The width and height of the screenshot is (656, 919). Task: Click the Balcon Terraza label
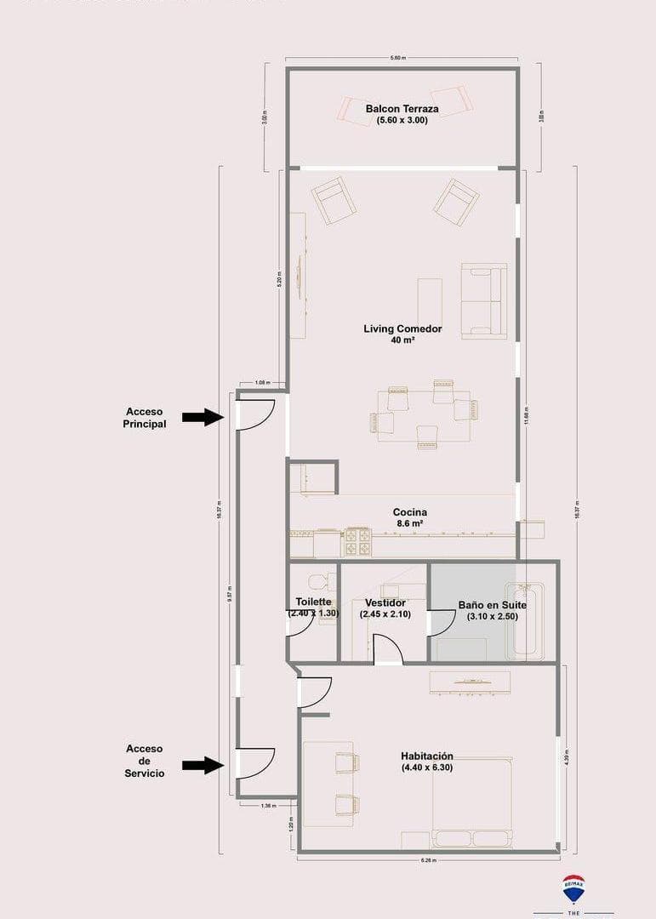pyautogui.click(x=402, y=109)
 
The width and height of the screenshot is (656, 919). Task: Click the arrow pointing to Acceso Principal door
pyautogui.click(x=203, y=416)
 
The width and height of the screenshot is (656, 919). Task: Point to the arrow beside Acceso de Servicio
pyautogui.click(x=203, y=765)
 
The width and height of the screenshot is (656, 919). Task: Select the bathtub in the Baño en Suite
pyautogui.click(x=523, y=620)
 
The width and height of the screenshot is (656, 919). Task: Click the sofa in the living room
pyautogui.click(x=484, y=301)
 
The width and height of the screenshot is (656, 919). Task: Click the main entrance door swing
pyautogui.click(x=255, y=414)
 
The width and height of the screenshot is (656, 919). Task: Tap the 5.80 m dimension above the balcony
pyautogui.click(x=397, y=58)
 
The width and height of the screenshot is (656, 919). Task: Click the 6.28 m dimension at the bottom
pyautogui.click(x=428, y=860)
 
